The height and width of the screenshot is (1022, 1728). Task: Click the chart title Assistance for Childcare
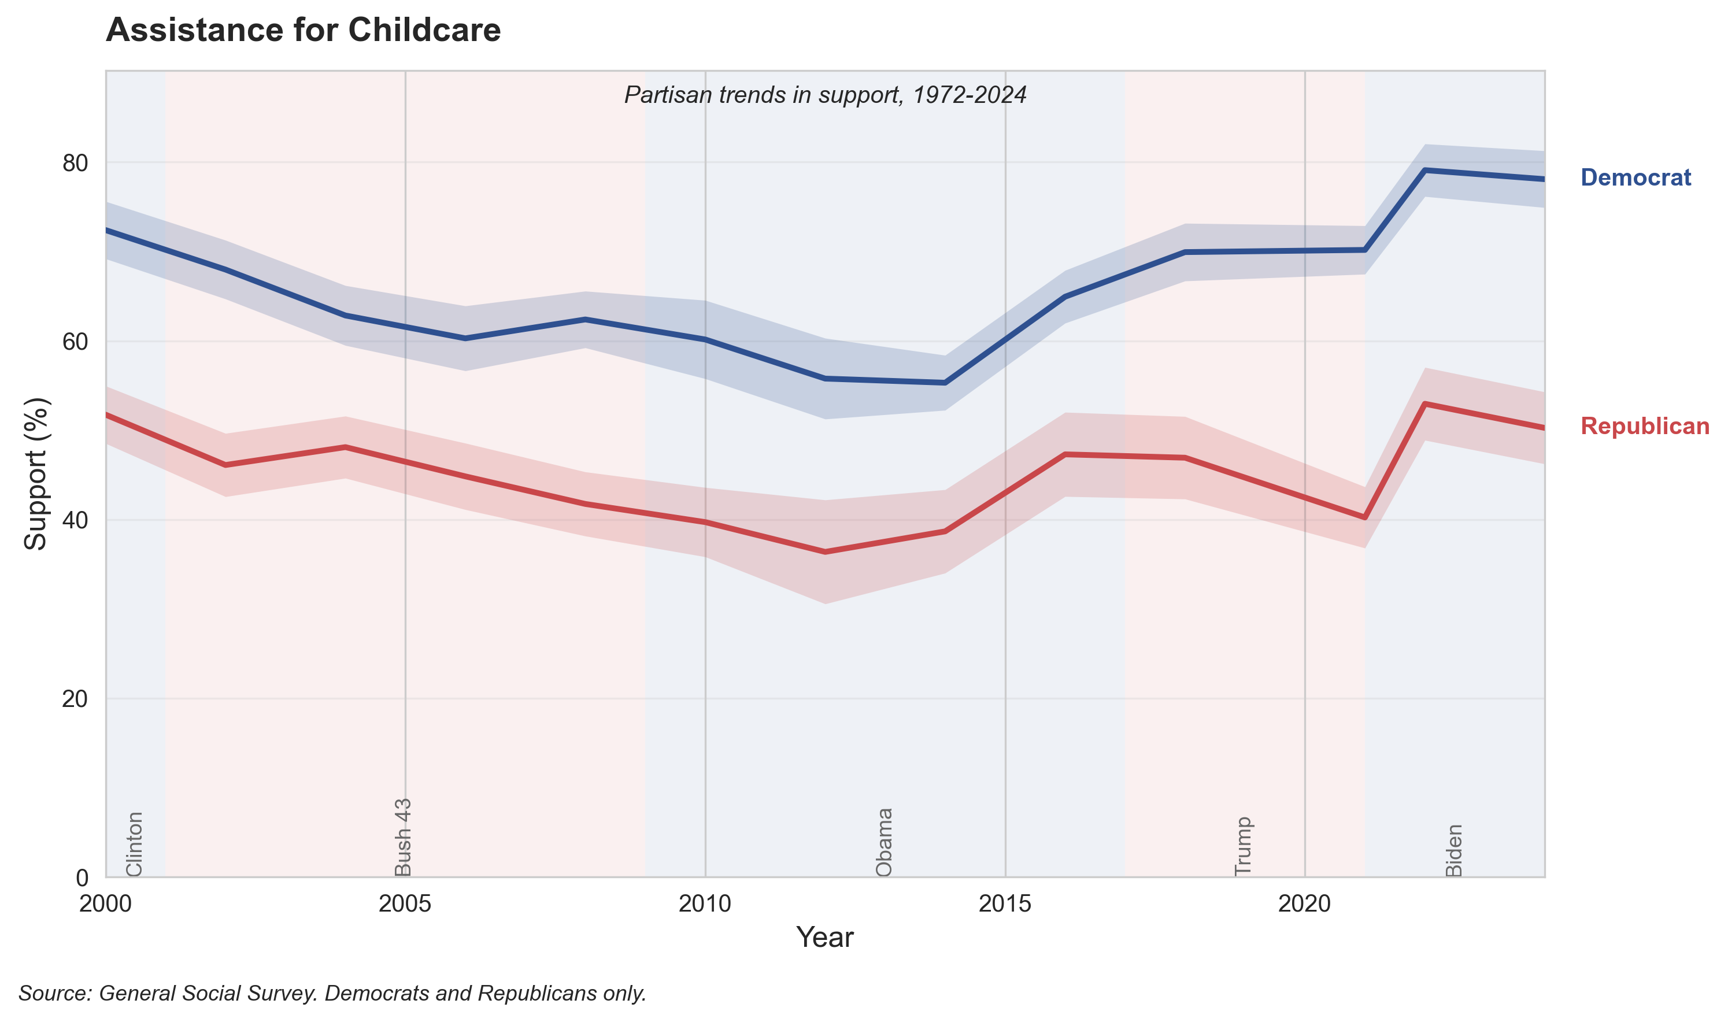click(x=303, y=30)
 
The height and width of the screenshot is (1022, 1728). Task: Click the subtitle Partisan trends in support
click(x=825, y=95)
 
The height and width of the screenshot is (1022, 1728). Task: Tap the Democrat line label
click(x=1635, y=177)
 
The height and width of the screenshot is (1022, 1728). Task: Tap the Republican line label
click(x=1644, y=426)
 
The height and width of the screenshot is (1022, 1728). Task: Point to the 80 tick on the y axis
click(x=75, y=163)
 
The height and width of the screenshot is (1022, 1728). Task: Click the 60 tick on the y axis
click(x=75, y=342)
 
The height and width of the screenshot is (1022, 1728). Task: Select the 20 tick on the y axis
click(x=75, y=699)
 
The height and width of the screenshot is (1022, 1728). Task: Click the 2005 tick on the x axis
click(x=405, y=903)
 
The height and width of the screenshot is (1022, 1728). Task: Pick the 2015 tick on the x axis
click(x=1005, y=903)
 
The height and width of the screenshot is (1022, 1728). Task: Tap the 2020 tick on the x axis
click(x=1304, y=903)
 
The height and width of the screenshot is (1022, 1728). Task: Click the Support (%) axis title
click(x=36, y=474)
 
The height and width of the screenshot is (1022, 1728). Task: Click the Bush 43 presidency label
click(x=403, y=837)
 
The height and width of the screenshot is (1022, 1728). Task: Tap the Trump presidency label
click(x=1243, y=846)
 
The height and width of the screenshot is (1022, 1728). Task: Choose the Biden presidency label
click(x=1453, y=850)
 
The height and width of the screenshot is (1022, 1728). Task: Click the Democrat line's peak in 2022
click(x=1424, y=169)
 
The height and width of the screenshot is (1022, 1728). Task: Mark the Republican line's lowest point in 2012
click(x=825, y=552)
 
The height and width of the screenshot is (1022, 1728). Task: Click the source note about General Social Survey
click(x=332, y=993)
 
